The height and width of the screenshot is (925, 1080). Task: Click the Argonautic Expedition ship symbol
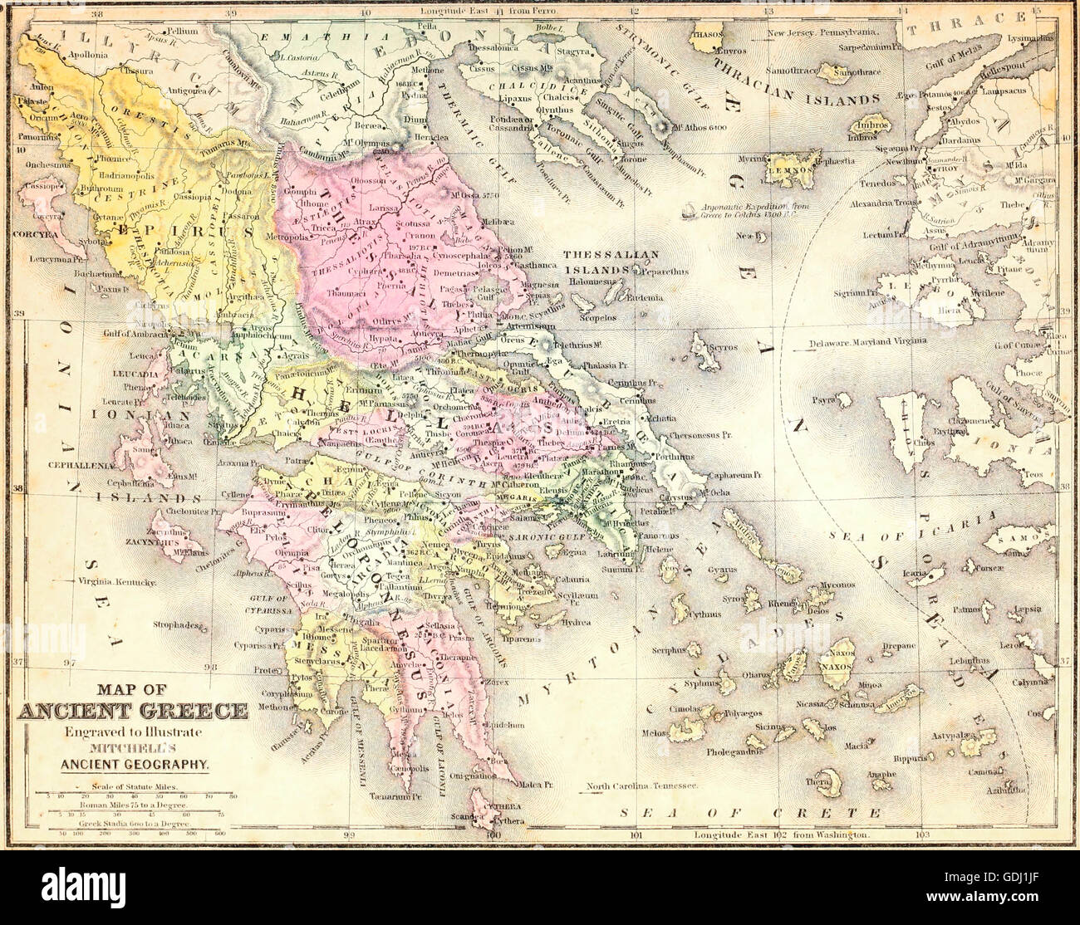pyautogui.click(x=686, y=213)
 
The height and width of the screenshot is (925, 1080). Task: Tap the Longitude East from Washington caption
pyautogui.click(x=783, y=834)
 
